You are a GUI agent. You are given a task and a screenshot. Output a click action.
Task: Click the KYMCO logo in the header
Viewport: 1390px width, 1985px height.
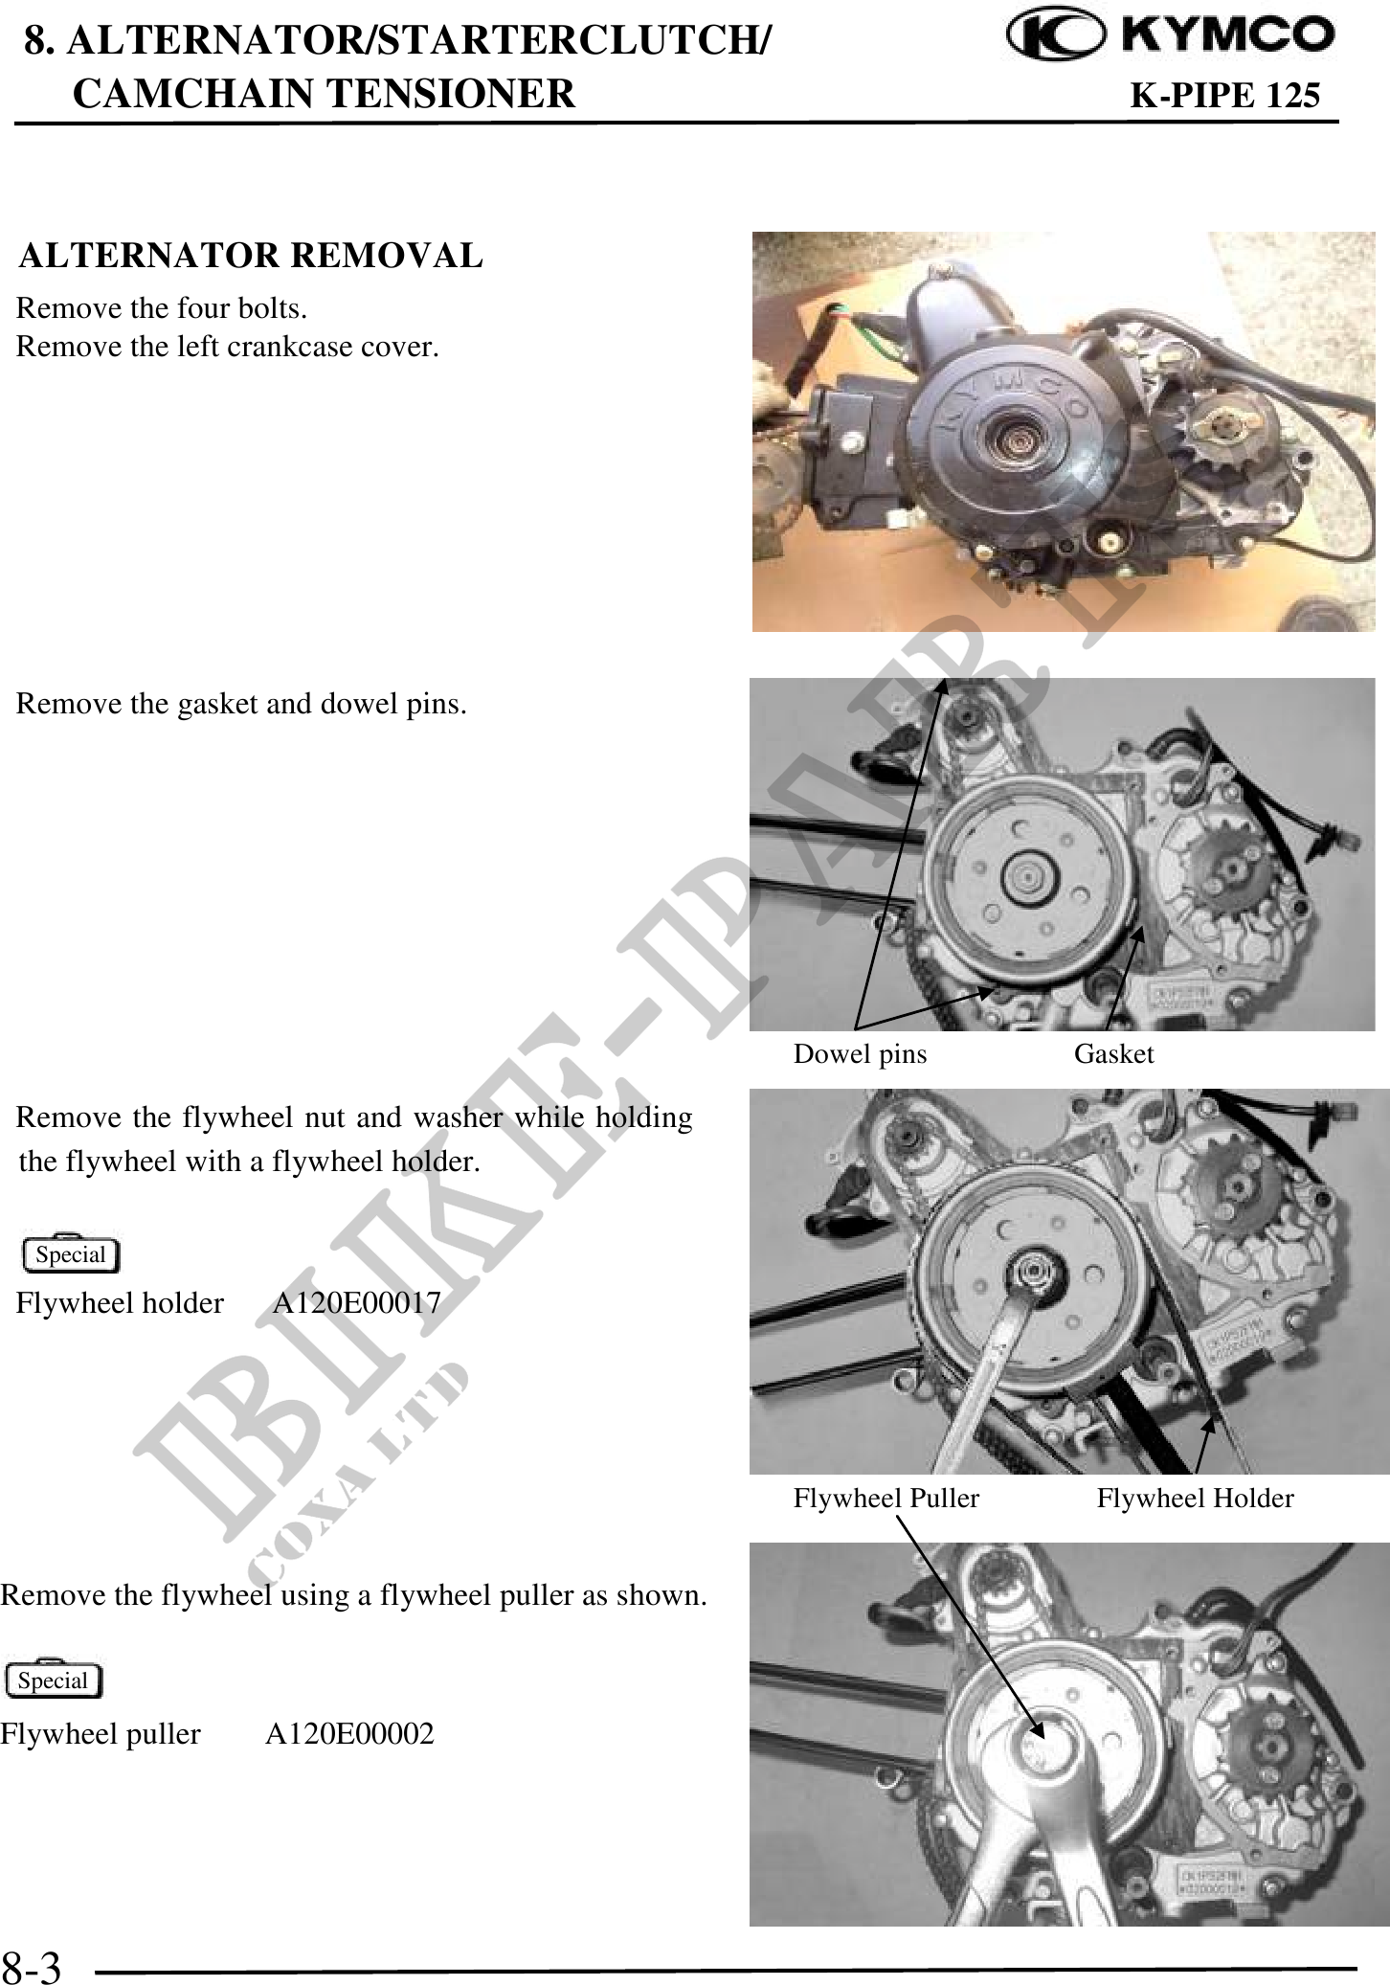[x=1171, y=36]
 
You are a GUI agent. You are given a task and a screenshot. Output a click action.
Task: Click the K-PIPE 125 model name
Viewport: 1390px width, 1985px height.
[x=1225, y=96]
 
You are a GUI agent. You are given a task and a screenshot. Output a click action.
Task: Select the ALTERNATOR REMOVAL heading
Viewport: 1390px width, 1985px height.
[x=251, y=257]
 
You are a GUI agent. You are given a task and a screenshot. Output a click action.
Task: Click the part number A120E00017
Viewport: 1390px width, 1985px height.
[x=357, y=1302]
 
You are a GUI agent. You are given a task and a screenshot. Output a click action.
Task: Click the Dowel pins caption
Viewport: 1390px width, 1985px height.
[x=860, y=1054]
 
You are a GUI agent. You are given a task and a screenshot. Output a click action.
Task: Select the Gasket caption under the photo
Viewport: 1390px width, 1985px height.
[x=1114, y=1054]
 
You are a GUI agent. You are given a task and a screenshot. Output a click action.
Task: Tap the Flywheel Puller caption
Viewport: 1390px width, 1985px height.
[x=886, y=1498]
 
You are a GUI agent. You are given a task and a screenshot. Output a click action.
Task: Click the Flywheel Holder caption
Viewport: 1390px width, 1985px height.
[x=1196, y=1498]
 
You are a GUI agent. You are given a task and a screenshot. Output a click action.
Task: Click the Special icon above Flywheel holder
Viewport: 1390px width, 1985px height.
[x=70, y=1253]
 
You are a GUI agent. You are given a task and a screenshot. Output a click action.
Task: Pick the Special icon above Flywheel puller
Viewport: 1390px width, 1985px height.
[x=53, y=1680]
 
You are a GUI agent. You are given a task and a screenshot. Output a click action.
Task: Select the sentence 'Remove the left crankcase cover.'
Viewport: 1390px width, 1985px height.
[x=228, y=346]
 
